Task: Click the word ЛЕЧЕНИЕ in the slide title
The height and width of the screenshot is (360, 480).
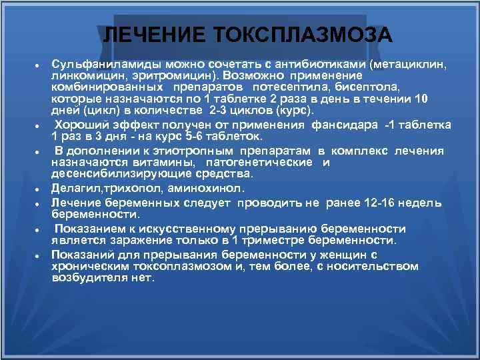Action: click(x=155, y=35)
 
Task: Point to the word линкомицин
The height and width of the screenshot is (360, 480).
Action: click(x=83, y=77)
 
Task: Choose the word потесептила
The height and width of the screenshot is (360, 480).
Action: click(x=287, y=87)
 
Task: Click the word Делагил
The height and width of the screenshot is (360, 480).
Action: click(x=75, y=189)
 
